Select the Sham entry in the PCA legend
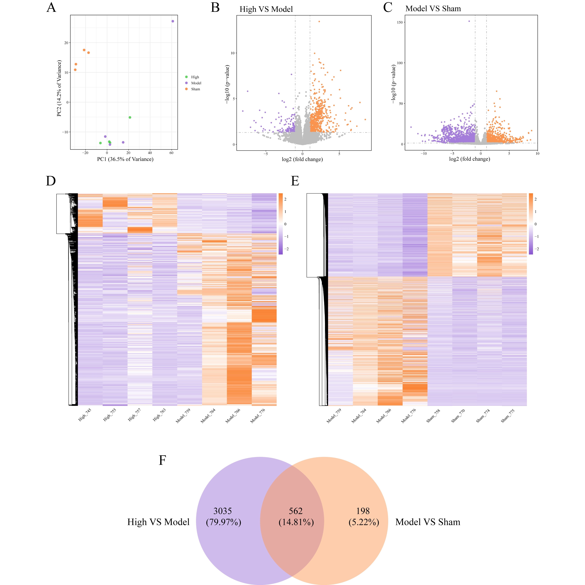pyautogui.click(x=195, y=89)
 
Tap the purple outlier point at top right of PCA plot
pyautogui.click(x=173, y=21)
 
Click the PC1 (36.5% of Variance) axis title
pyautogui.click(x=125, y=159)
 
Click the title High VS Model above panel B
pyautogui.click(x=266, y=9)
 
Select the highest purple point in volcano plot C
pyautogui.click(x=469, y=21)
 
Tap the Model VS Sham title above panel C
pyautogui.click(x=433, y=9)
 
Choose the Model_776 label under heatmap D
pyautogui.click(x=258, y=416)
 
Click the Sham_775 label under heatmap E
pyautogui.click(x=508, y=416)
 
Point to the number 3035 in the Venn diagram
pyautogui.click(x=223, y=511)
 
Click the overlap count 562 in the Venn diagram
pyautogui.click(x=296, y=511)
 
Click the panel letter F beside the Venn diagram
pyautogui.click(x=163, y=461)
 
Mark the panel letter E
pyautogui.click(x=295, y=181)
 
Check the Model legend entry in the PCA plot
pyautogui.click(x=196, y=83)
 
